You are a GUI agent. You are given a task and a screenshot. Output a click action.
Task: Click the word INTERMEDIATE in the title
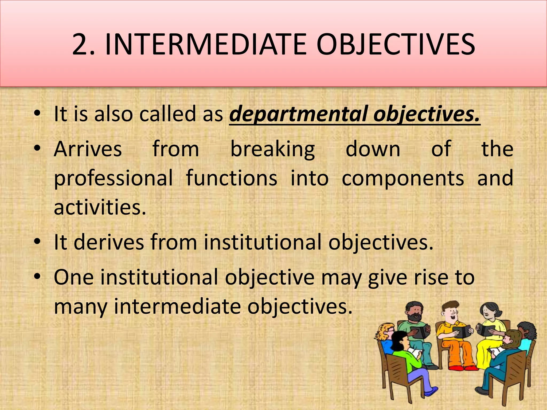coord(205,44)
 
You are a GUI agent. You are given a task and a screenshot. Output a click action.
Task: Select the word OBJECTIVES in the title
coord(395,44)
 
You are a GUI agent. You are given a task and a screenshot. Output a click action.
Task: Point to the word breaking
coord(272,149)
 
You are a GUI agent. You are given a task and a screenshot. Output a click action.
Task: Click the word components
coord(403,178)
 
